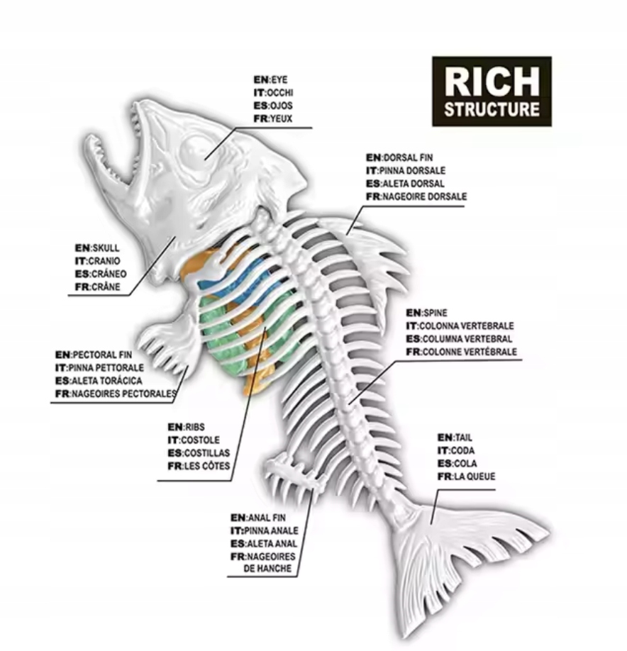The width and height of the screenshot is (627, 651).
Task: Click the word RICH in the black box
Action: tap(492, 83)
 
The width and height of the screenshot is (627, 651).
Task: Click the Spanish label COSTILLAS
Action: tap(201, 453)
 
